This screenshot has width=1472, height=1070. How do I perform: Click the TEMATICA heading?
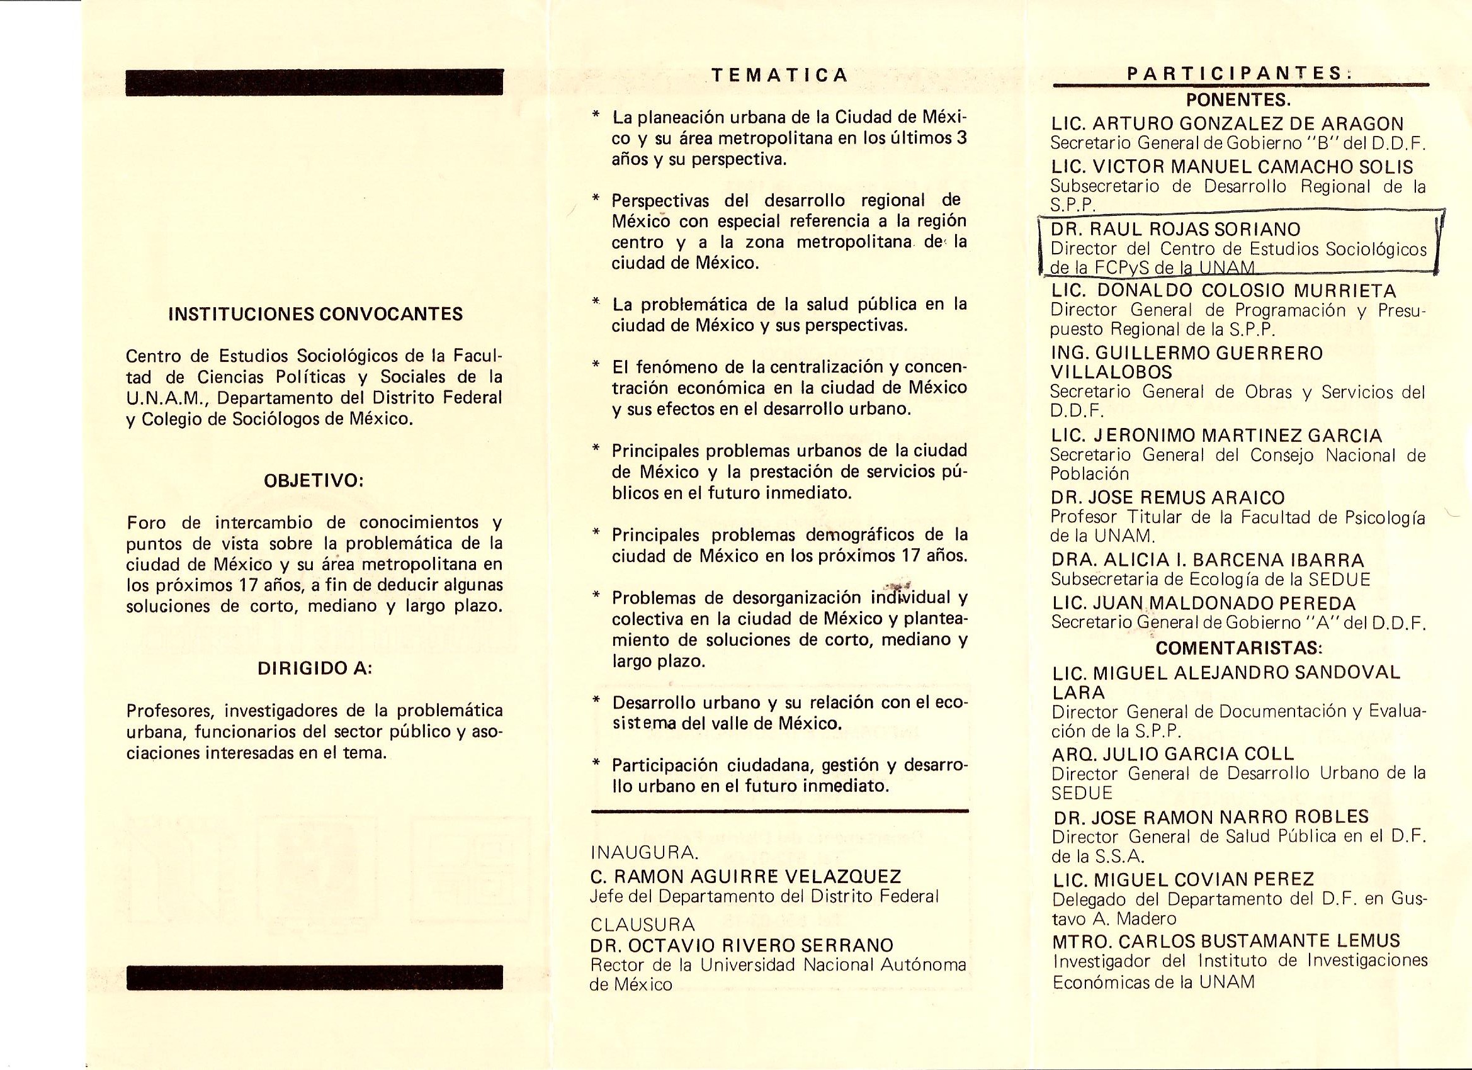779,76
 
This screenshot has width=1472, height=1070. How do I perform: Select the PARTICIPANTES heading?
1238,74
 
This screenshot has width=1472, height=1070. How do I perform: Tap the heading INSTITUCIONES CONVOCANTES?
315,314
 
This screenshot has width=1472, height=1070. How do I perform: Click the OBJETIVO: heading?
315,481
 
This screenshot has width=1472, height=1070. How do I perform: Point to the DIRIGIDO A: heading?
315,669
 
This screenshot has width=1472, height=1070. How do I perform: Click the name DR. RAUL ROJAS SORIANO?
1175,229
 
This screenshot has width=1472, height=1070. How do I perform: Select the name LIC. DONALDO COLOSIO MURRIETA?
1224,290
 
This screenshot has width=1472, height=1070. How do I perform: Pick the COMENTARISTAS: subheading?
1239,648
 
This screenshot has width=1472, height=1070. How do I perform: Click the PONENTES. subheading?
1238,101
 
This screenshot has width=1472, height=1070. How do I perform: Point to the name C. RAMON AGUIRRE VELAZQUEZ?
745,877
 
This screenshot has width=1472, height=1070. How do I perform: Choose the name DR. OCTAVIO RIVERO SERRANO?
742,945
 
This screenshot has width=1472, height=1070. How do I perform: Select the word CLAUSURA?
643,924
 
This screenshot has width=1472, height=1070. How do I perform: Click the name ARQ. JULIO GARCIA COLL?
1174,753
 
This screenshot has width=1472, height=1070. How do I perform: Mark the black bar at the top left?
315,82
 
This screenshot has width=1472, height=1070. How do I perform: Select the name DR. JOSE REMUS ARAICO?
1168,498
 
